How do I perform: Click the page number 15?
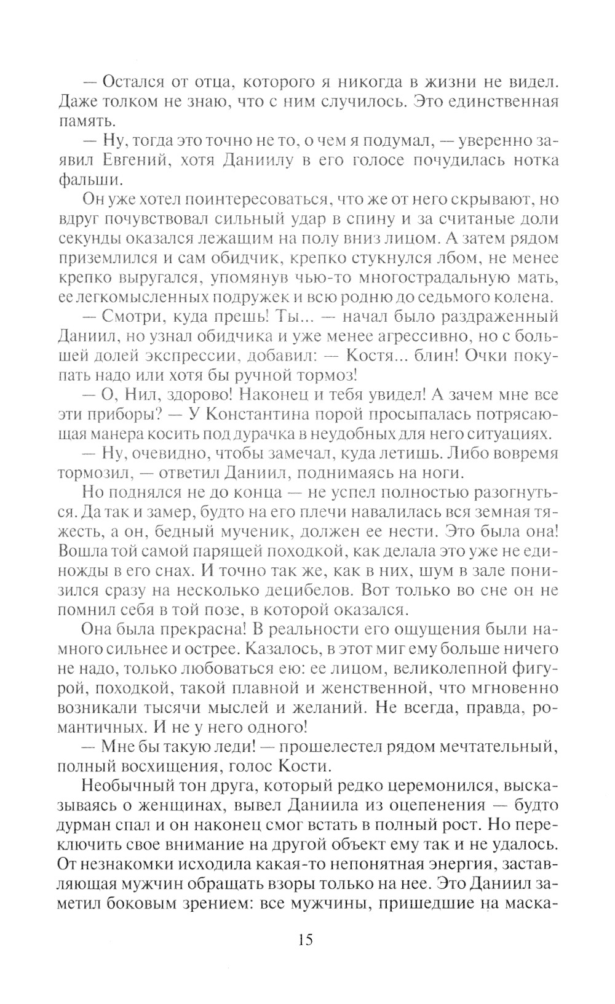coord(306,939)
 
